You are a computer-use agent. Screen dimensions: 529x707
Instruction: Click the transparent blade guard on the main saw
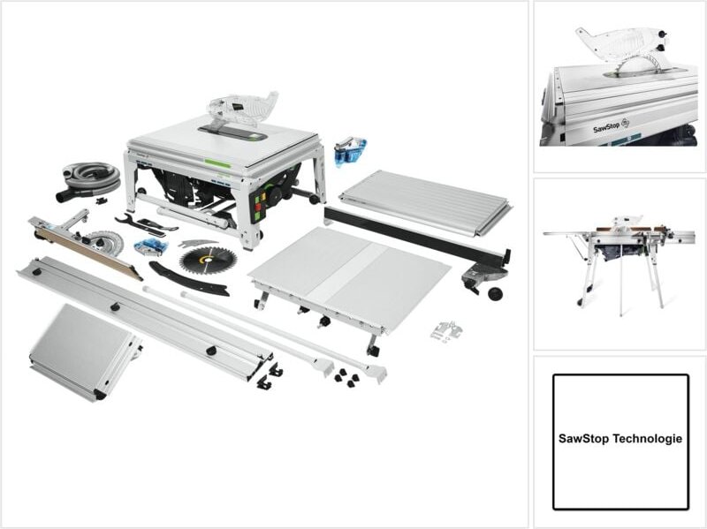(242, 108)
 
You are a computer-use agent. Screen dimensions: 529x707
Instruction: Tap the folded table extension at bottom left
(83, 350)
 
